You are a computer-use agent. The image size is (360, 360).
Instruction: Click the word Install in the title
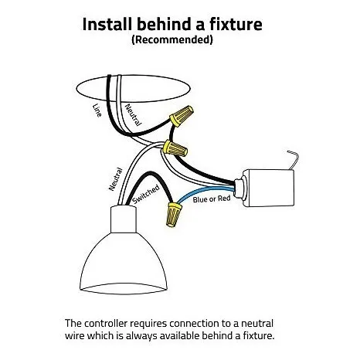[x=107, y=24]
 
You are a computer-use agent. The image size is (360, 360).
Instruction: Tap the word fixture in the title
[x=236, y=24]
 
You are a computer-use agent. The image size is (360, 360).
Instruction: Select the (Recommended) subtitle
[x=172, y=39]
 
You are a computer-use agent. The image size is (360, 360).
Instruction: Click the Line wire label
[x=97, y=110]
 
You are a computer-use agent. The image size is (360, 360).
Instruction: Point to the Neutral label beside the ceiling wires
[x=133, y=115]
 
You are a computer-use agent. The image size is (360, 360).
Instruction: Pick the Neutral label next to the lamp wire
[x=115, y=179]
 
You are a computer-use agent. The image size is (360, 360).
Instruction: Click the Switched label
[x=146, y=195]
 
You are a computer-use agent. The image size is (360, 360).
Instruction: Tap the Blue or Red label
[x=212, y=199]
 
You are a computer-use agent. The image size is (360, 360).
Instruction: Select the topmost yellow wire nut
[x=182, y=116]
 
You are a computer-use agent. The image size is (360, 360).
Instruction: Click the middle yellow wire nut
[x=175, y=148]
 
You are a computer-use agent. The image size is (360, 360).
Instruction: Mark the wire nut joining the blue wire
[x=174, y=215]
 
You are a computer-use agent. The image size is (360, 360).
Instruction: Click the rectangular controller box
[x=269, y=188]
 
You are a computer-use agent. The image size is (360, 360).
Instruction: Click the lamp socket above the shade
[x=124, y=219]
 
